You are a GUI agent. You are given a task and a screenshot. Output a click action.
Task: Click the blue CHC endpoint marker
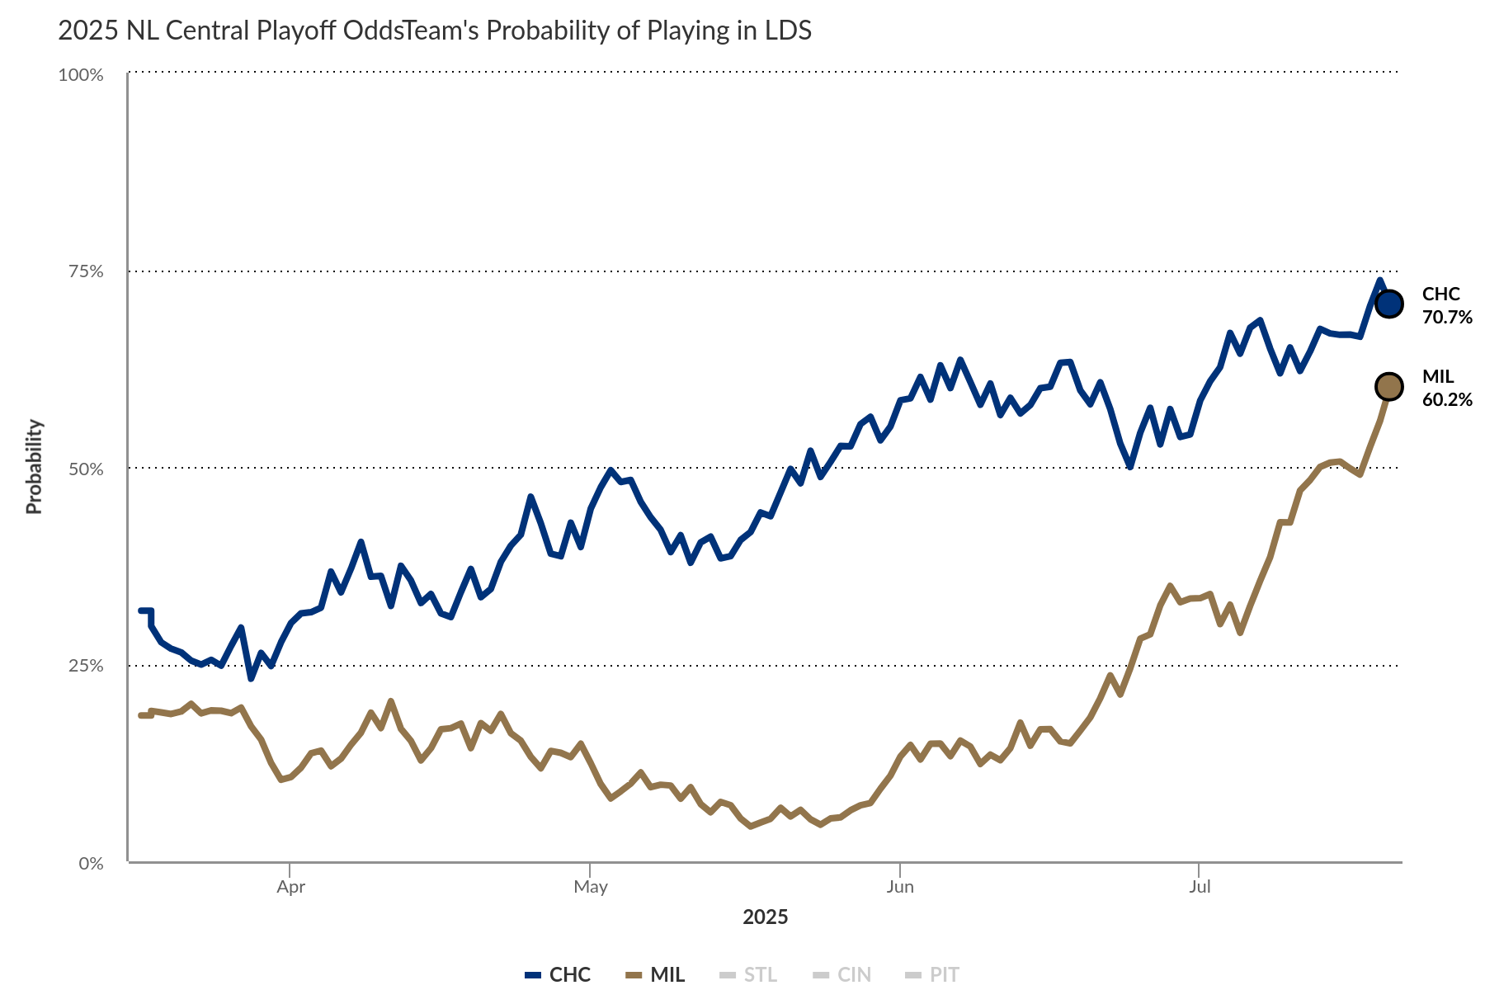1389,304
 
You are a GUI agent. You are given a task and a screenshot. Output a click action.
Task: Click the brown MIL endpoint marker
1389,385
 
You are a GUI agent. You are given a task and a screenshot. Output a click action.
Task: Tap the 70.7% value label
1447,317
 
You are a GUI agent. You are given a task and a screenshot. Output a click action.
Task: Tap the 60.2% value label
1447,399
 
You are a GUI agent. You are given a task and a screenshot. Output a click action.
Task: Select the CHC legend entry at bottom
559,974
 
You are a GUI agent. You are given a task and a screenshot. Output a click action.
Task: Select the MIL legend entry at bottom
656,974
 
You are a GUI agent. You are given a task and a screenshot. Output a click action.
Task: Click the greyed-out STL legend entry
748,974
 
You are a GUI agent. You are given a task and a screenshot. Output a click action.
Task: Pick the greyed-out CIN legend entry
842,974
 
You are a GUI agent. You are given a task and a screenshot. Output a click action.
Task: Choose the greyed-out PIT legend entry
933,974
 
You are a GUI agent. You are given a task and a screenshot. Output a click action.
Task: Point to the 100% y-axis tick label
81,75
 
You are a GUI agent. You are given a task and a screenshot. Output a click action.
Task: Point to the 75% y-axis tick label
85,271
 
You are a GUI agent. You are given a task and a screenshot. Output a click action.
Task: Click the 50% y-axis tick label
85,469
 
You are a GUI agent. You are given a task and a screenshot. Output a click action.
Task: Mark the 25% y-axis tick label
85,666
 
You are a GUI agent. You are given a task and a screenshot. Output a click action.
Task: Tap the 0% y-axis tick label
90,863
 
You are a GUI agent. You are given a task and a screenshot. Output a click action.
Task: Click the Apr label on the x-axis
290,887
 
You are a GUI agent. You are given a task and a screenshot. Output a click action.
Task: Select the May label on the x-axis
591,887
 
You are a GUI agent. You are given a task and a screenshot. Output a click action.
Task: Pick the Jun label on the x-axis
900,887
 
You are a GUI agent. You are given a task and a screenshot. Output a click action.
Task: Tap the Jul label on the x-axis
1200,887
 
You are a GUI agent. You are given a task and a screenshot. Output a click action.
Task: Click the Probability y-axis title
34,467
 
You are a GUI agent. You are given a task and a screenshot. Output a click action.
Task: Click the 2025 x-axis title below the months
766,917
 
